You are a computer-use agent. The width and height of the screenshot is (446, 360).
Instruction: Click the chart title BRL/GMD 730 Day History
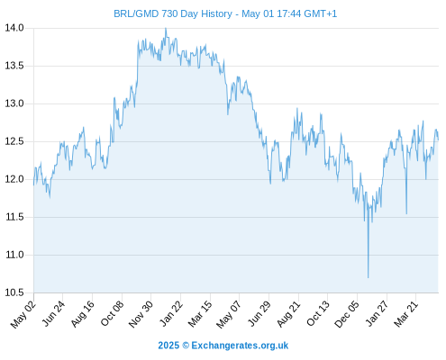tap(173, 13)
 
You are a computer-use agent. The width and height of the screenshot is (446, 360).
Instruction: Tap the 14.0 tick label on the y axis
tap(14, 28)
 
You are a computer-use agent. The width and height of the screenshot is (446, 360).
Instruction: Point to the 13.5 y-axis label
tap(14, 66)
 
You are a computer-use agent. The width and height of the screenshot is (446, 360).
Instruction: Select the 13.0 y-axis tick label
tap(14, 103)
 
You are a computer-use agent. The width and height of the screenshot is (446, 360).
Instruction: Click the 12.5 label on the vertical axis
tap(14, 141)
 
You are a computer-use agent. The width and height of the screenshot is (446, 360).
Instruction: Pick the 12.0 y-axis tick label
tap(14, 179)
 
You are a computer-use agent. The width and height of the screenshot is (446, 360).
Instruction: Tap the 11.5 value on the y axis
tap(14, 217)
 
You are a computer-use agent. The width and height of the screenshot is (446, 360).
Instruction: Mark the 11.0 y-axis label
tap(14, 255)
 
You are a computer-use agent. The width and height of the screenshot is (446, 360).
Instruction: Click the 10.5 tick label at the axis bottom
tap(14, 292)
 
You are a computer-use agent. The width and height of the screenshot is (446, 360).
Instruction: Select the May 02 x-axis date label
tap(23, 314)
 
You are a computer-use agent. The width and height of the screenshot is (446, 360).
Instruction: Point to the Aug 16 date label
tap(82, 314)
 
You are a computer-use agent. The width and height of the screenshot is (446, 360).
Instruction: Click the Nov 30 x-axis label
tap(141, 314)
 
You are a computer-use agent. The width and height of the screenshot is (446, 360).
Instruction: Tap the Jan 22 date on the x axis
tap(170, 313)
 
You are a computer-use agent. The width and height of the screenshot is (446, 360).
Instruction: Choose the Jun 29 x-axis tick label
tap(259, 313)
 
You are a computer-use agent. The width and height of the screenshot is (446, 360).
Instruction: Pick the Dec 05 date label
tap(347, 314)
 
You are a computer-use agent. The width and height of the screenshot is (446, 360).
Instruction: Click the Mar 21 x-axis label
tap(405, 313)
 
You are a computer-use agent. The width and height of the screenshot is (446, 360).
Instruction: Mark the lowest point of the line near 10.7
tap(368, 278)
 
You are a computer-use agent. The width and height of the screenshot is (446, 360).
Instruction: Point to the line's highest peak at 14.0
tap(166, 28)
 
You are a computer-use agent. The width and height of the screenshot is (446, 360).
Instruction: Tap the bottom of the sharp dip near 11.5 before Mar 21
tap(406, 213)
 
